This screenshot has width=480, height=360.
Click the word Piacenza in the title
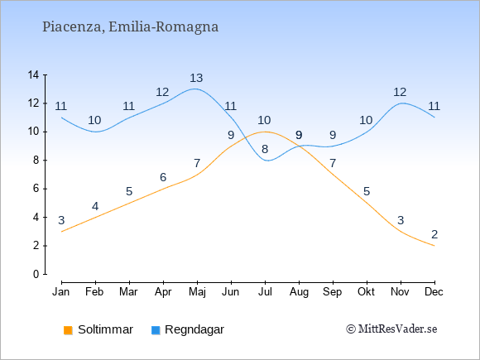[73, 27]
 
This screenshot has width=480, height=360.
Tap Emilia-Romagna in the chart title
[163, 27]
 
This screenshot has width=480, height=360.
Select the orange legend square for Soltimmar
[68, 330]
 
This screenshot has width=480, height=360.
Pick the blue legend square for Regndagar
[156, 330]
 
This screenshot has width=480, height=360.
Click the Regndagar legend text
[194, 329]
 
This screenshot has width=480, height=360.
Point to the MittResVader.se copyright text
[391, 329]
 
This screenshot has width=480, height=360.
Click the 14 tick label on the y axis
[33, 74]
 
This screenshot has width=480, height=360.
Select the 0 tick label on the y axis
[36, 274]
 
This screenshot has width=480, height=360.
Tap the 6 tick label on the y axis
[36, 189]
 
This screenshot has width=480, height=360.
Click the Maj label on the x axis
[197, 292]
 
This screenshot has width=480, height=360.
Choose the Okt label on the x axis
[366, 292]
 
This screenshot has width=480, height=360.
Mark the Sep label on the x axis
[333, 292]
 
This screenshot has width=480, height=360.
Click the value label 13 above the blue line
[196, 78]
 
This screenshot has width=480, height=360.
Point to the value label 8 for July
[265, 150]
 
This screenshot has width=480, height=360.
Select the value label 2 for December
[434, 234]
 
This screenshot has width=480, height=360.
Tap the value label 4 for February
[95, 206]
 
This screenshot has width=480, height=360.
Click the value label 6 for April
[163, 177]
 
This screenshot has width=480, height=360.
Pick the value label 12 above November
[400, 92]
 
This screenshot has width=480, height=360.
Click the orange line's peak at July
[265, 132]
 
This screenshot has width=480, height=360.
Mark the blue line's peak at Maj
[194, 89]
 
